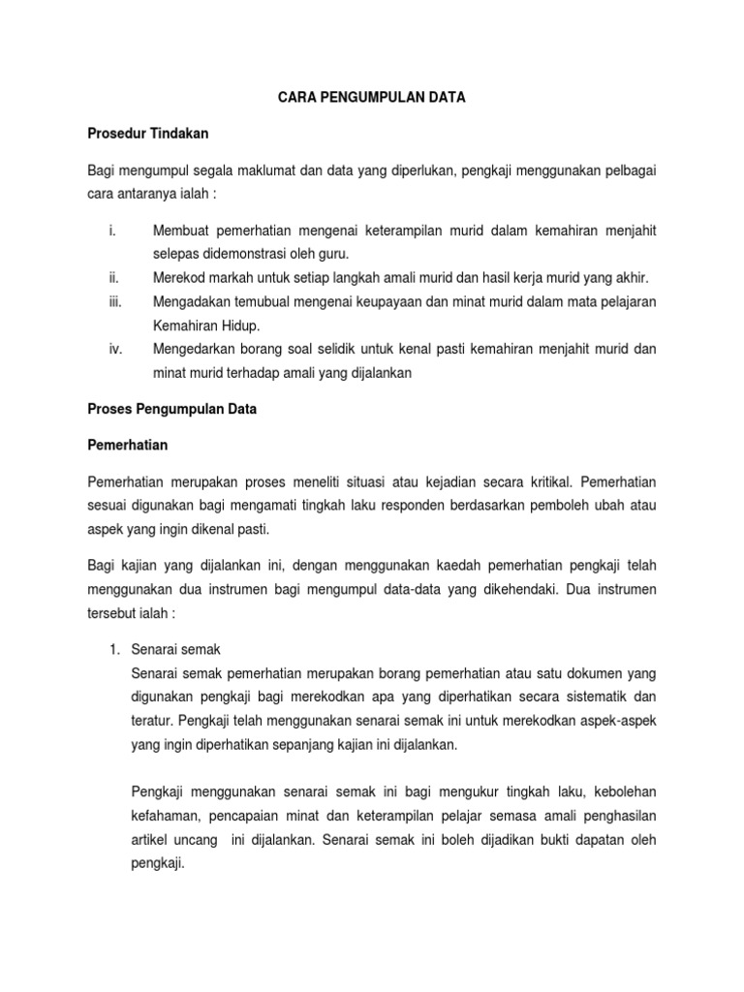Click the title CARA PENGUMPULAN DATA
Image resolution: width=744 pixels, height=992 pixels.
372,98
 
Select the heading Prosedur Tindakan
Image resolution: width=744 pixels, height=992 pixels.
147,133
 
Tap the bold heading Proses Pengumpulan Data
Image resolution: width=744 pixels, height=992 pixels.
171,409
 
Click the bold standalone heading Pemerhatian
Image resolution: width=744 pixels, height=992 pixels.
128,445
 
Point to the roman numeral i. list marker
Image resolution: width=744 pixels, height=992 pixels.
111,232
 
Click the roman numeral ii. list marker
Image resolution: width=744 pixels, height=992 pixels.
112,277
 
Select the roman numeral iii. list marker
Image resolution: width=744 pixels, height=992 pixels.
113,302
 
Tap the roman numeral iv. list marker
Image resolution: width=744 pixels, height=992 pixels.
113,349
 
